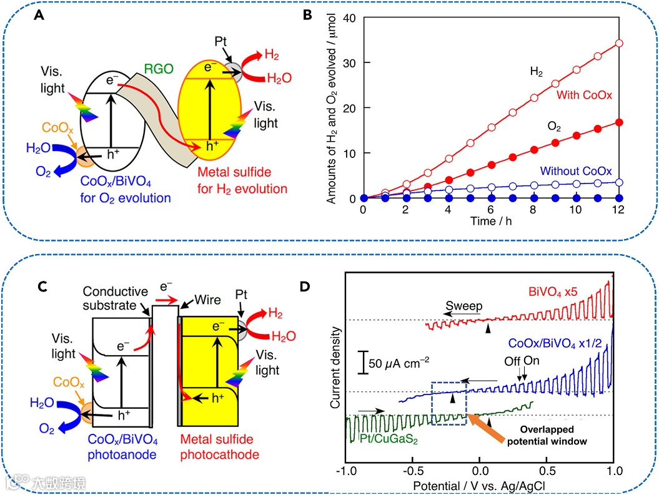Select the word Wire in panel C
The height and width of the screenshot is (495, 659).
(x=207, y=300)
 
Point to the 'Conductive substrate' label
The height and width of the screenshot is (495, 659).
(x=116, y=298)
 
